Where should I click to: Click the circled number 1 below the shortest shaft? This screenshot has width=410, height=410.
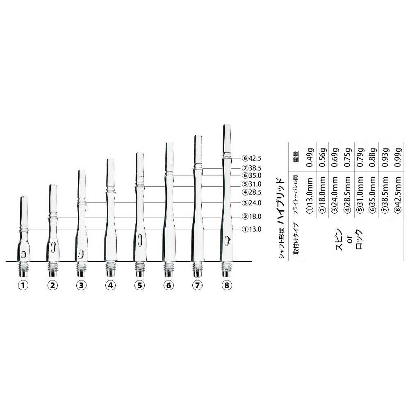point(23,285)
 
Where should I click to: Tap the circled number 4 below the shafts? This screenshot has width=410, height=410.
point(110,285)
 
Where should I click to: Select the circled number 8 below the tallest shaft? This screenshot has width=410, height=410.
point(227,285)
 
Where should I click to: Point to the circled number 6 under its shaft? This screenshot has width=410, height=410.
point(169,285)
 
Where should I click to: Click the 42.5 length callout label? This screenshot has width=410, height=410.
point(252,158)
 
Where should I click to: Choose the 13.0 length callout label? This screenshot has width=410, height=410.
point(252,229)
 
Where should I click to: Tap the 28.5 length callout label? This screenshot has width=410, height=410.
point(252,192)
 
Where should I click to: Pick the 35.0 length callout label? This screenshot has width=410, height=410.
point(252,176)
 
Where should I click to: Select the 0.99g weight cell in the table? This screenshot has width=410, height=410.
point(398,157)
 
